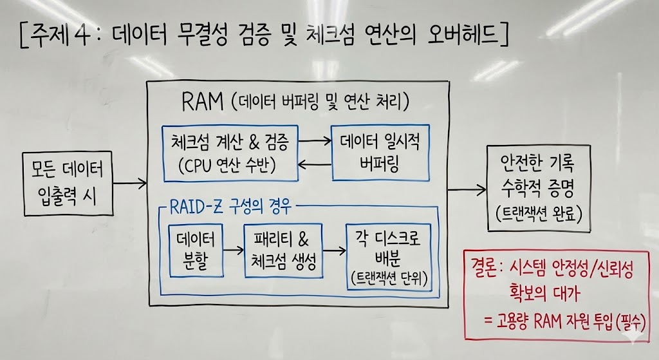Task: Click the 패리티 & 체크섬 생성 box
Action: [x=284, y=251]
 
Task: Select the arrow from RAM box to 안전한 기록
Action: [x=467, y=189]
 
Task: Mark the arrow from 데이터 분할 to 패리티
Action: [x=233, y=250]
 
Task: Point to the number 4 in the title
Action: [x=81, y=35]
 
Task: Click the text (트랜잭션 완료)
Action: [x=538, y=212]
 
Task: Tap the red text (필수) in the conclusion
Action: [x=629, y=320]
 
